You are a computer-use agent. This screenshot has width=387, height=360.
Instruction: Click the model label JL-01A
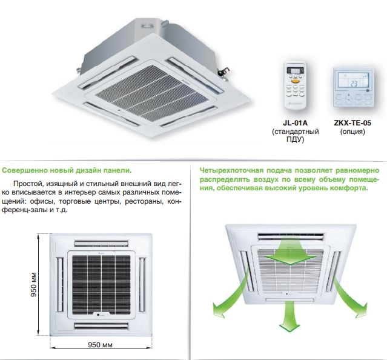pos(295,123)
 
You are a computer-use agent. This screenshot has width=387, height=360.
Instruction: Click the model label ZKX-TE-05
pos(352,123)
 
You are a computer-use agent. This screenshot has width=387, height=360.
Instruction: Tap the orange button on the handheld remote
pos(296,81)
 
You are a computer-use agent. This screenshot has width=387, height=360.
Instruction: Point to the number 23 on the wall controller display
pos(354,84)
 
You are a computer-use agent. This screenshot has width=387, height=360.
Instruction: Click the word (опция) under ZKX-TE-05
pos(352,132)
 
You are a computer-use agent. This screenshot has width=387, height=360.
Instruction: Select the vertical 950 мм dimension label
pos(33,284)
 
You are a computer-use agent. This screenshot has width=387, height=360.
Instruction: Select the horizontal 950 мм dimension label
pos(100,344)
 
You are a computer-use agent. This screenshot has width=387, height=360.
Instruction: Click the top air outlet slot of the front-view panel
pos(101,244)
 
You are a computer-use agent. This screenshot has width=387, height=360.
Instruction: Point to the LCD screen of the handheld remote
pos(295,70)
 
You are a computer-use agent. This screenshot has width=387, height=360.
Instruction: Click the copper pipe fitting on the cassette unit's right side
pos(223,72)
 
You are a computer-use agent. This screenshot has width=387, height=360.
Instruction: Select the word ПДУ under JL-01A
pos(295,139)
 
